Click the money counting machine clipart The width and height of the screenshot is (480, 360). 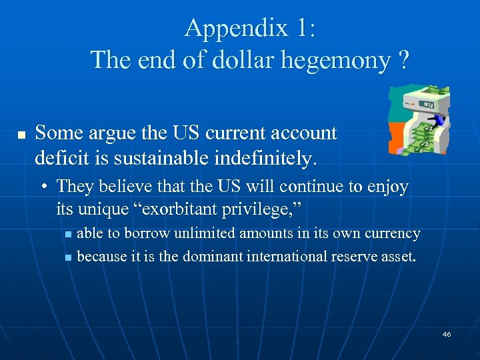pos(419,119)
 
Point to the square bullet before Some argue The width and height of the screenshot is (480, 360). pos(21,135)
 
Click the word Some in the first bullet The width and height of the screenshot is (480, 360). pos(56,133)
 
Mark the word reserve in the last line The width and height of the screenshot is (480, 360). pos(353,257)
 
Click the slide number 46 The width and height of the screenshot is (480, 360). pos(446,334)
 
